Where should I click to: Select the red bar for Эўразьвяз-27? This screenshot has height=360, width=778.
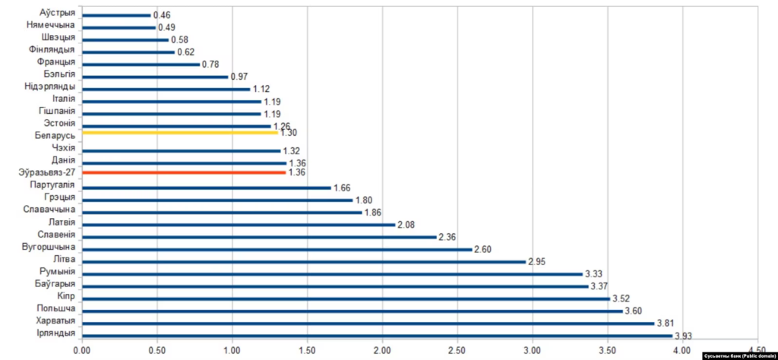click(x=182, y=172)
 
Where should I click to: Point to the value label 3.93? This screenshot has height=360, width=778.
click(x=684, y=336)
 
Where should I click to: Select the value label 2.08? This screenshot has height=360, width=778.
click(x=406, y=225)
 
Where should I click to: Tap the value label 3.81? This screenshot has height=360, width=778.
click(x=666, y=323)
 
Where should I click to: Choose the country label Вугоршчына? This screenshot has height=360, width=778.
click(x=49, y=248)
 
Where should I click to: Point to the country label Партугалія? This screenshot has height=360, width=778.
click(x=52, y=185)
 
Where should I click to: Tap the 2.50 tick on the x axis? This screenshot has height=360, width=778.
click(x=457, y=350)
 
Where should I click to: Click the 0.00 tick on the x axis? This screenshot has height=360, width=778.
click(x=81, y=350)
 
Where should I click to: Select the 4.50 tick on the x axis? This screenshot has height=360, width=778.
click(x=758, y=350)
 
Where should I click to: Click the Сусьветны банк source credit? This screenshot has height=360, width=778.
click(x=736, y=355)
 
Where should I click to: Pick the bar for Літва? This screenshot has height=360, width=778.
click(x=303, y=261)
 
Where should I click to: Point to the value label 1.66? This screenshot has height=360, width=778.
click(x=343, y=188)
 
